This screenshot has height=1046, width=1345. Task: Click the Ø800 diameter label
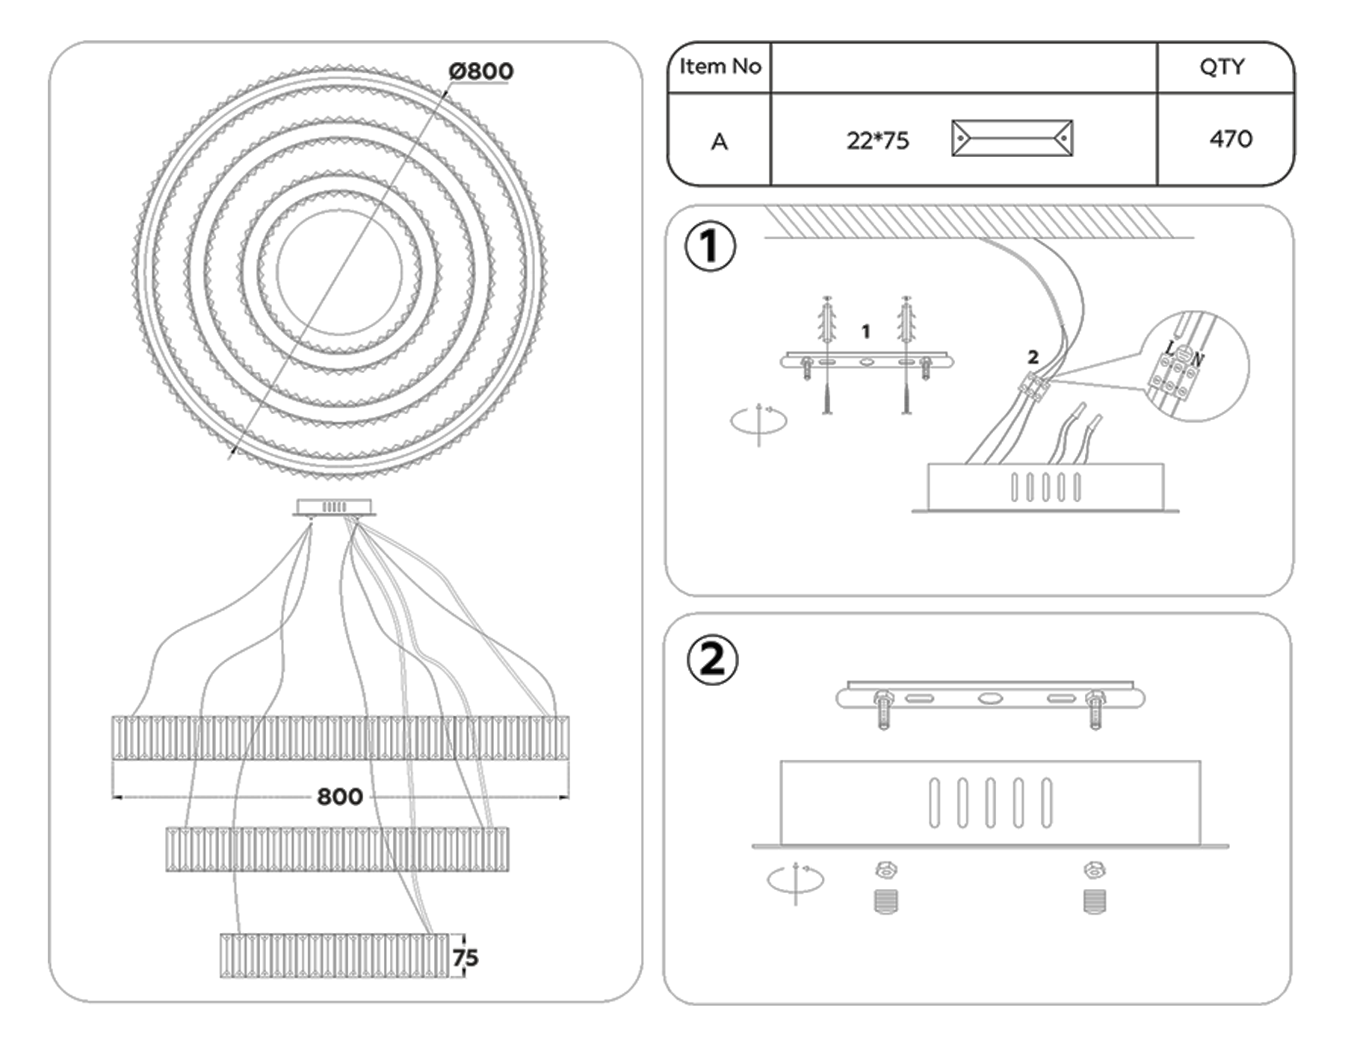click(x=480, y=72)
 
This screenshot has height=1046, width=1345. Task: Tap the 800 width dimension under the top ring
click(x=339, y=796)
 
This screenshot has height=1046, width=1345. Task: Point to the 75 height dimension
click(x=465, y=957)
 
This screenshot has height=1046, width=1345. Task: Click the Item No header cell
click(x=720, y=67)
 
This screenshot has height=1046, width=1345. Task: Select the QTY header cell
click(x=1222, y=67)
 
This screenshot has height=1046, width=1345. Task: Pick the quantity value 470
click(x=1230, y=139)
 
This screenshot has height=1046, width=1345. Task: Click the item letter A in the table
click(x=719, y=141)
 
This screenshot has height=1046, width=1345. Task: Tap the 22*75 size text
click(x=877, y=140)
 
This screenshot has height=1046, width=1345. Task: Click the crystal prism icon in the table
click(x=1012, y=138)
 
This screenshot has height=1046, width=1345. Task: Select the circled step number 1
click(x=710, y=247)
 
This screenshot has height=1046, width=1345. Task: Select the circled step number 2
click(x=711, y=660)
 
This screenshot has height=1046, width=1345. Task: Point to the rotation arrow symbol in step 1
click(x=758, y=421)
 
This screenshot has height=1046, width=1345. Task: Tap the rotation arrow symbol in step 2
click(x=795, y=880)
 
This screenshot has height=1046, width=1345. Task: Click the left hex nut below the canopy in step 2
click(x=885, y=870)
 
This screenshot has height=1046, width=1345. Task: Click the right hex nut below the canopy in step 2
click(x=1094, y=870)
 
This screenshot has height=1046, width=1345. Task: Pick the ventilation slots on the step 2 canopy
click(x=990, y=803)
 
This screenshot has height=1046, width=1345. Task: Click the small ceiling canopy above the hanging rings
click(x=334, y=507)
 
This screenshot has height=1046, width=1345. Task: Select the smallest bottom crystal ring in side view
click(x=334, y=956)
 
